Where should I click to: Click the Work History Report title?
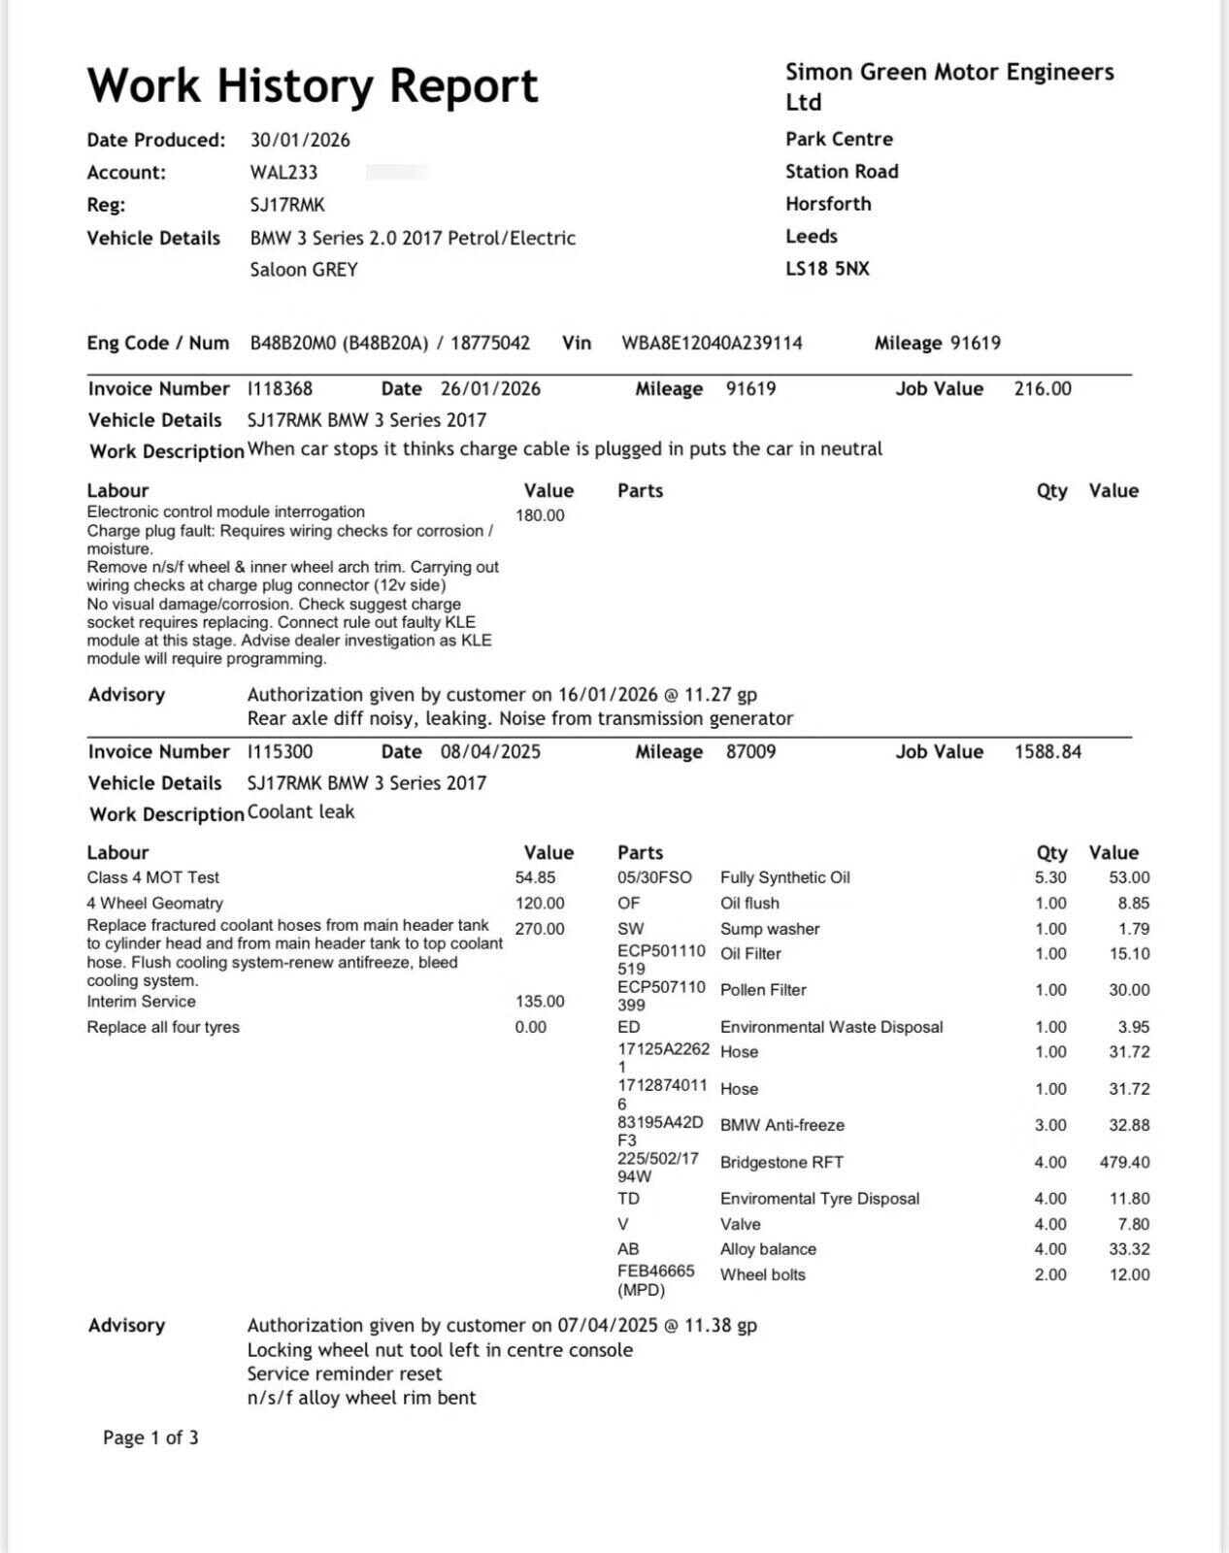[312, 85]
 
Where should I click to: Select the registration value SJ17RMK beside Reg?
[287, 205]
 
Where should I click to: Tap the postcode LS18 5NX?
[827, 268]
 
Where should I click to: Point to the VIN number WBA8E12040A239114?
[712, 343]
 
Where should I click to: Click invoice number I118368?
[281, 388]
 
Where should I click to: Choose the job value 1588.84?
[1047, 751]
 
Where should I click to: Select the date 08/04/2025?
[490, 751]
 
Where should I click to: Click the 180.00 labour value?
[540, 515]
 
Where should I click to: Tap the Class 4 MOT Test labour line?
[153, 877]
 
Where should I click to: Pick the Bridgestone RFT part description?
[781, 1162]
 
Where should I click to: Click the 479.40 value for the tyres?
[1124, 1162]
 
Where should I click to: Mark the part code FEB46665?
[656, 1271]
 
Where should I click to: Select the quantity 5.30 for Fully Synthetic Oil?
[1050, 877]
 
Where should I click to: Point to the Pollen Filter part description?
[763, 990]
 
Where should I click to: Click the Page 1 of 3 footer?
[150, 1437]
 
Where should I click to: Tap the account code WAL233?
[283, 172]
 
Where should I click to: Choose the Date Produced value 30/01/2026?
[300, 140]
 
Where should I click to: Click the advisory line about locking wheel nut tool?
[440, 1350]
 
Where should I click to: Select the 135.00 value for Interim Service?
[540, 1002]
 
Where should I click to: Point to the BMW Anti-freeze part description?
[782, 1125]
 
